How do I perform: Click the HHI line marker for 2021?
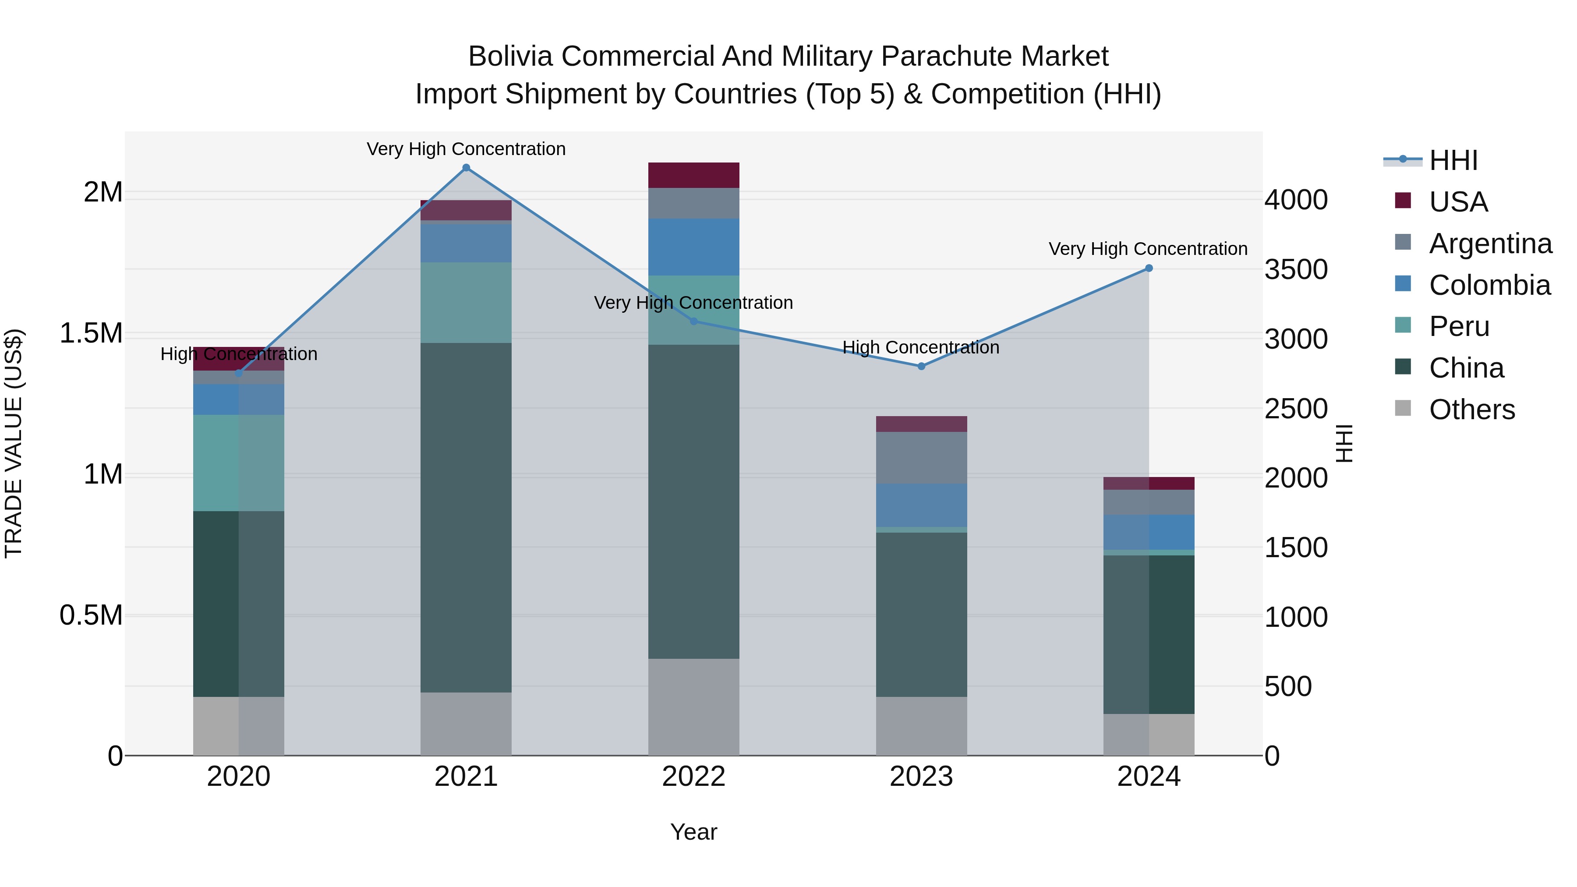[466, 168]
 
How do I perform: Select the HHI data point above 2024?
[1149, 268]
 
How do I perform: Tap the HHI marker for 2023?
[921, 366]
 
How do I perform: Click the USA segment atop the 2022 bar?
[693, 175]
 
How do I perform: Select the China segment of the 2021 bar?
[466, 517]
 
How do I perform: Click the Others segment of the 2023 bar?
[921, 725]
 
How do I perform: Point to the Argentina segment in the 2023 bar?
[921, 457]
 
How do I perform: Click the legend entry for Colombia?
[1489, 285]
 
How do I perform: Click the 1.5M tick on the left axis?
[91, 334]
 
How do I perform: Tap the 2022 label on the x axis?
[693, 777]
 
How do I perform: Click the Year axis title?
[693, 832]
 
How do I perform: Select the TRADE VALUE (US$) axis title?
[14, 443]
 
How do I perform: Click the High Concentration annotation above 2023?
[921, 347]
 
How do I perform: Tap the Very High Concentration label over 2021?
[466, 149]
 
